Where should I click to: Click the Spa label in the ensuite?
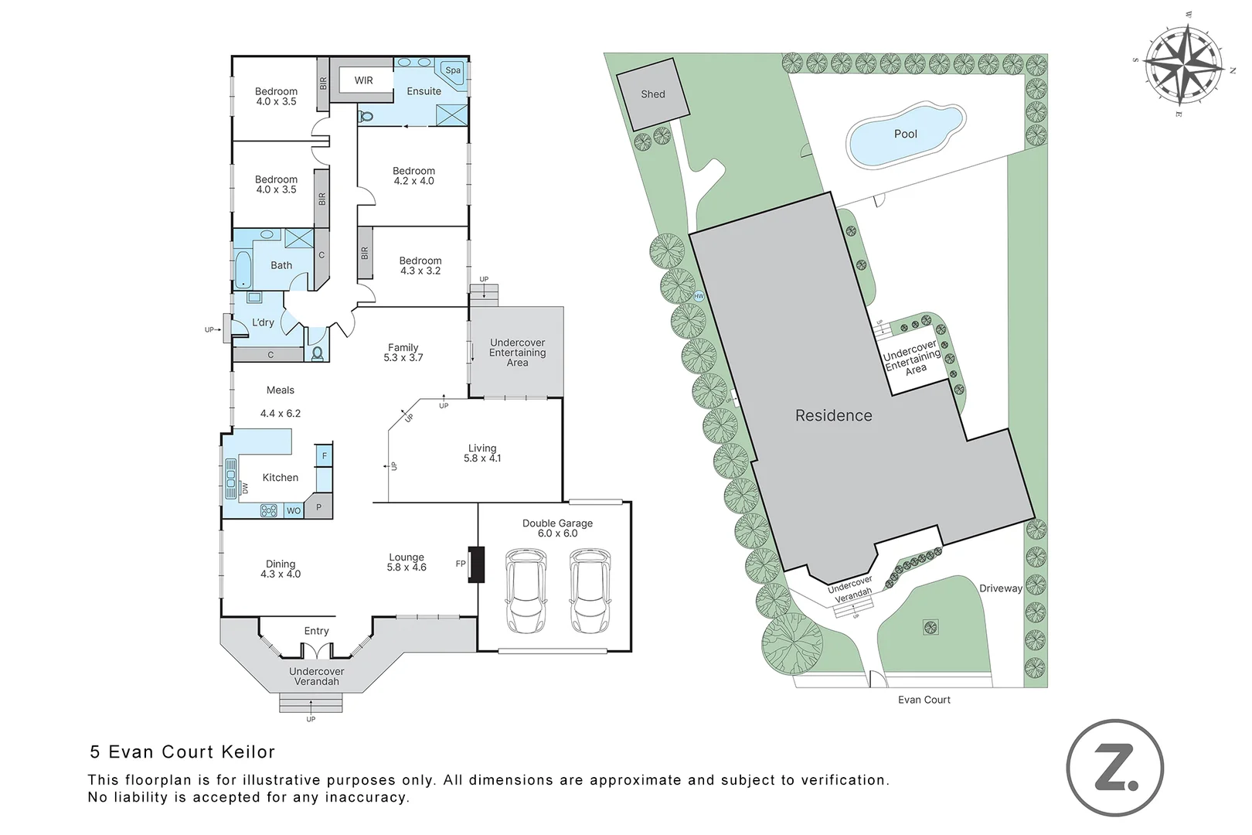tap(453, 70)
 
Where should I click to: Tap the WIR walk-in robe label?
tap(363, 80)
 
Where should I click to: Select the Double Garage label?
tap(557, 523)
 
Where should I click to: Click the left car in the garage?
tap(526, 591)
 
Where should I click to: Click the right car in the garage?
tap(590, 591)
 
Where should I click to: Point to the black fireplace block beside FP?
tap(476, 564)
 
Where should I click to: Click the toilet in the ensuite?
tap(366, 117)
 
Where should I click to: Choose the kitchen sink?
tap(231, 478)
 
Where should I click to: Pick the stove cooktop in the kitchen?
tap(269, 510)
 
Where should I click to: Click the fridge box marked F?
tap(324, 455)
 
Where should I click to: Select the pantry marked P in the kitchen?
tap(319, 506)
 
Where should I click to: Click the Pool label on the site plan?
tap(906, 135)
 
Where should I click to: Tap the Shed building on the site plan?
tap(653, 94)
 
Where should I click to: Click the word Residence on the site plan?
tap(833, 415)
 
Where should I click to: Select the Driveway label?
tap(1001, 588)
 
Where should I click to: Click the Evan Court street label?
tap(924, 700)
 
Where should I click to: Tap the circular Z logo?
tap(1115, 767)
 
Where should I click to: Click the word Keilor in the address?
tap(248, 751)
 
